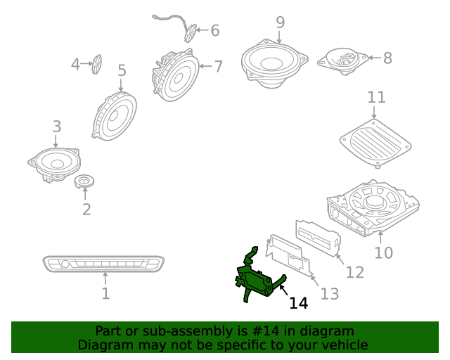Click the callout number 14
[299, 303]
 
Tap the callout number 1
[105, 293]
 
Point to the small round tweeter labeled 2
[85, 182]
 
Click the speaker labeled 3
[55, 165]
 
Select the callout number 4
[75, 65]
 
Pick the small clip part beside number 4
[97, 64]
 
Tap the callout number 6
[215, 30]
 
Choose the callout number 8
[387, 58]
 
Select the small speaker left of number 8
[342, 59]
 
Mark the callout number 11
[376, 97]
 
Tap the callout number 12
[355, 271]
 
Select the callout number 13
[330, 293]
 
